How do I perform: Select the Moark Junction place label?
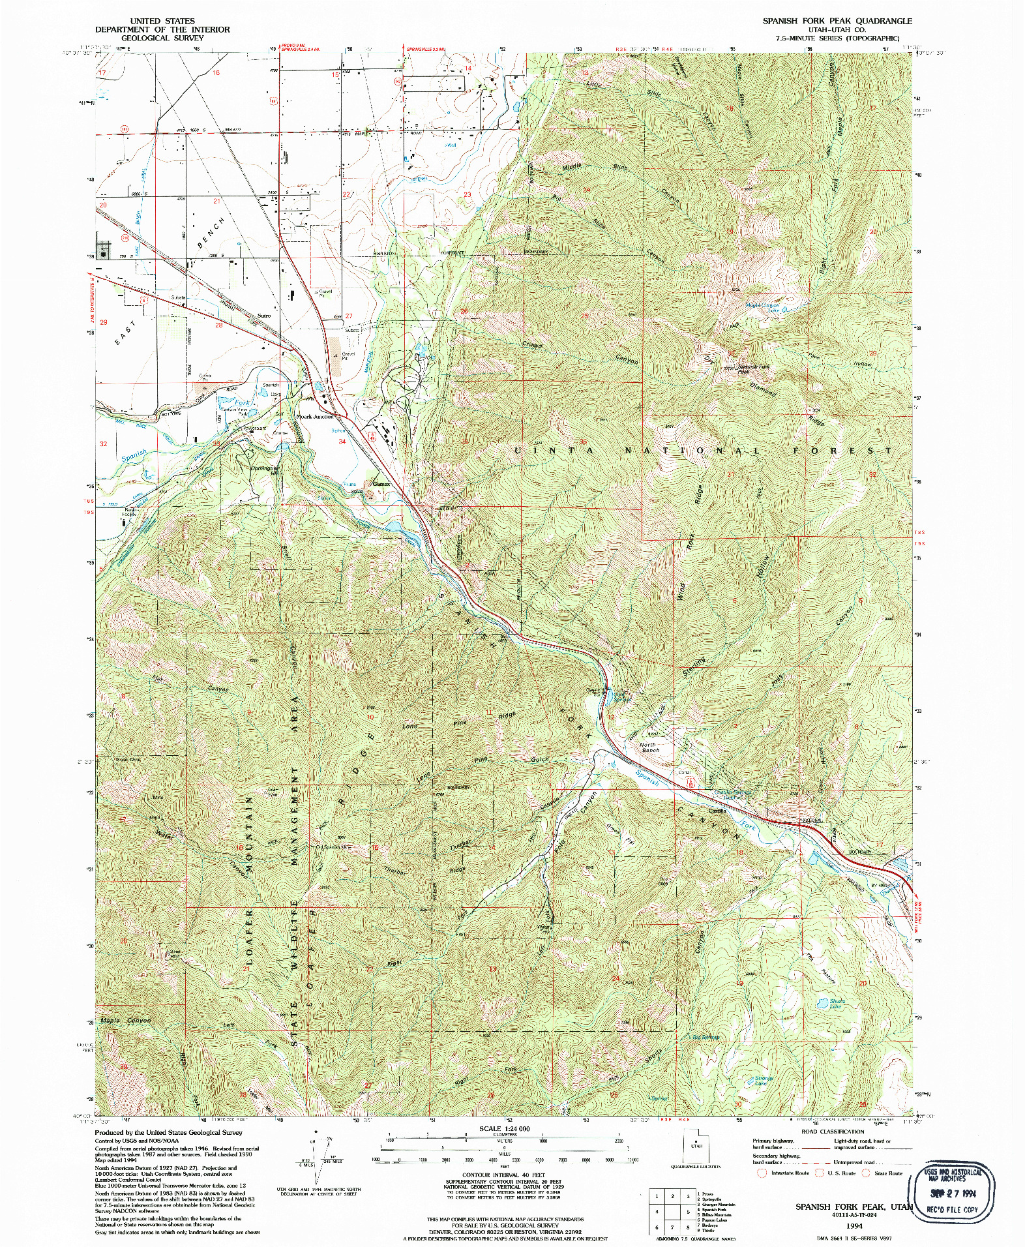click(315, 416)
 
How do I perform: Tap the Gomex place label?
click(381, 485)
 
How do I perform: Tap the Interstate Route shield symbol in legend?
click(761, 1173)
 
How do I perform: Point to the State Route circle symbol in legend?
click(866, 1173)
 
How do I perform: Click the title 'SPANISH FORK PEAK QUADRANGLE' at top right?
click(837, 21)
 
